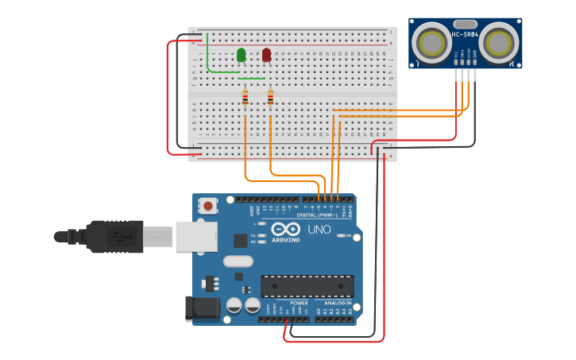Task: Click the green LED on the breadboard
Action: [x=241, y=55]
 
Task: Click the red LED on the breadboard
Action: [x=267, y=55]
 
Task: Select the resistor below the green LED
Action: [x=245, y=98]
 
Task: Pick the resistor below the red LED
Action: [x=271, y=98]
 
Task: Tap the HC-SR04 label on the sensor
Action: [x=465, y=34]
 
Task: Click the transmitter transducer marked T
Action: [x=433, y=41]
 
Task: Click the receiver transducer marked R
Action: [x=501, y=41]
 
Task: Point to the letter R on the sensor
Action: [x=512, y=64]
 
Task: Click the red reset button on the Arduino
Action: [x=208, y=206]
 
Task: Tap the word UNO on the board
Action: [x=319, y=230]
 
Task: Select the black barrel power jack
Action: [x=201, y=309]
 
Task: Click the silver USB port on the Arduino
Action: [x=195, y=236]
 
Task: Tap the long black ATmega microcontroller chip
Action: [x=307, y=286]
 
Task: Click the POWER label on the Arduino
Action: [x=300, y=303]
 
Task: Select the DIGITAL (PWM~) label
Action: [x=317, y=215]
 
